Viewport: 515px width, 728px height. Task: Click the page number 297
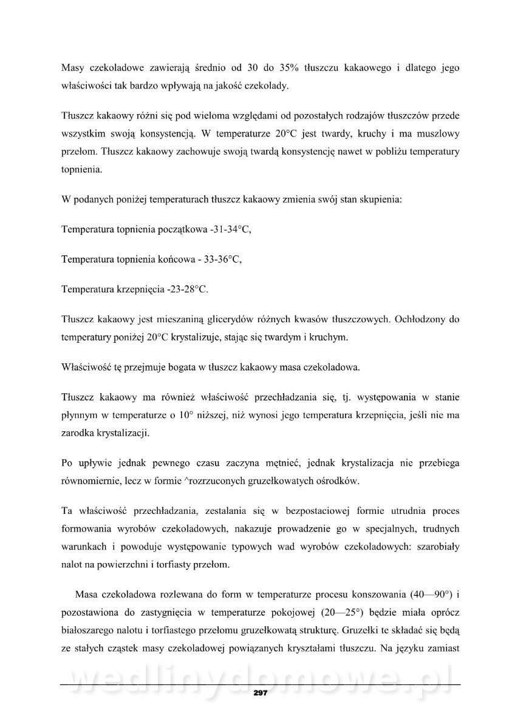(x=261, y=693)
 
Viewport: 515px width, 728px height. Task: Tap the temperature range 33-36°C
(x=220, y=260)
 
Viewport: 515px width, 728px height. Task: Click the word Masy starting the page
(x=74, y=69)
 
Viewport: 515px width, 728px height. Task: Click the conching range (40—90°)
(x=426, y=593)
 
